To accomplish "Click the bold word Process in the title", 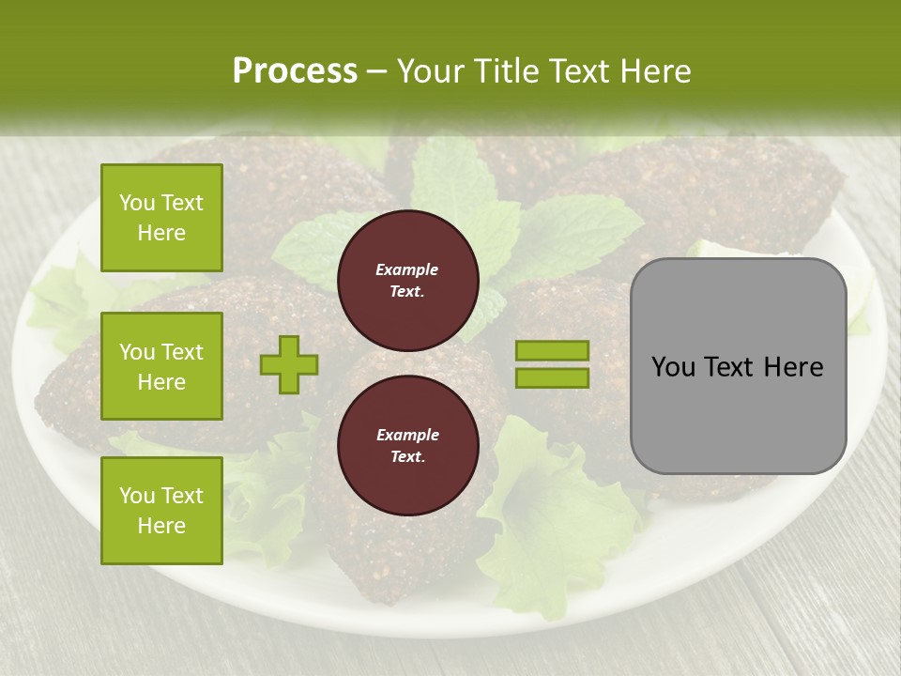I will (x=295, y=71).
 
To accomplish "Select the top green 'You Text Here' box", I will (x=161, y=218).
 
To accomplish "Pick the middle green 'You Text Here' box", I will (x=161, y=366).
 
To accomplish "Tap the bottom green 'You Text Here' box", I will (x=161, y=510).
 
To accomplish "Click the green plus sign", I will (x=289, y=364).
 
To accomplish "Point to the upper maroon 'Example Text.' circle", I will (x=407, y=281).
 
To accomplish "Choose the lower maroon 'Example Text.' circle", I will (x=407, y=446).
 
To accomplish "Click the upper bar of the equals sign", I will (x=552, y=351).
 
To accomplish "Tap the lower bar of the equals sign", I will (x=552, y=377).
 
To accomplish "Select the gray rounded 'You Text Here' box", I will (x=738, y=365).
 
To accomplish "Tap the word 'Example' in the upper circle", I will (x=407, y=270).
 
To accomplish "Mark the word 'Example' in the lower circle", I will (x=407, y=436).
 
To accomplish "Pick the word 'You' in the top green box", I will (x=137, y=203).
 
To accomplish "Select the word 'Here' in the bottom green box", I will (x=161, y=526).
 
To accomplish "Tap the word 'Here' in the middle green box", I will (x=161, y=382).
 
